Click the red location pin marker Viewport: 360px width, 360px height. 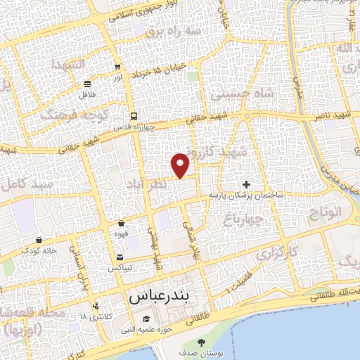[181, 165]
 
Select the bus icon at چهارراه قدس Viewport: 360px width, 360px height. [133, 117]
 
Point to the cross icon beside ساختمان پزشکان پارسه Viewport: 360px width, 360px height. [245, 184]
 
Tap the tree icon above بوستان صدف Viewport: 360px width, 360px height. [202, 342]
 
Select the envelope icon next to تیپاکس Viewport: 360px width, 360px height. [120, 257]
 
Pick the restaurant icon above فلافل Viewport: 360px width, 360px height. [88, 84]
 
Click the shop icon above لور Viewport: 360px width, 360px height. [117, 67]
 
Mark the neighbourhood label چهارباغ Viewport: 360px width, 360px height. [243, 221]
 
